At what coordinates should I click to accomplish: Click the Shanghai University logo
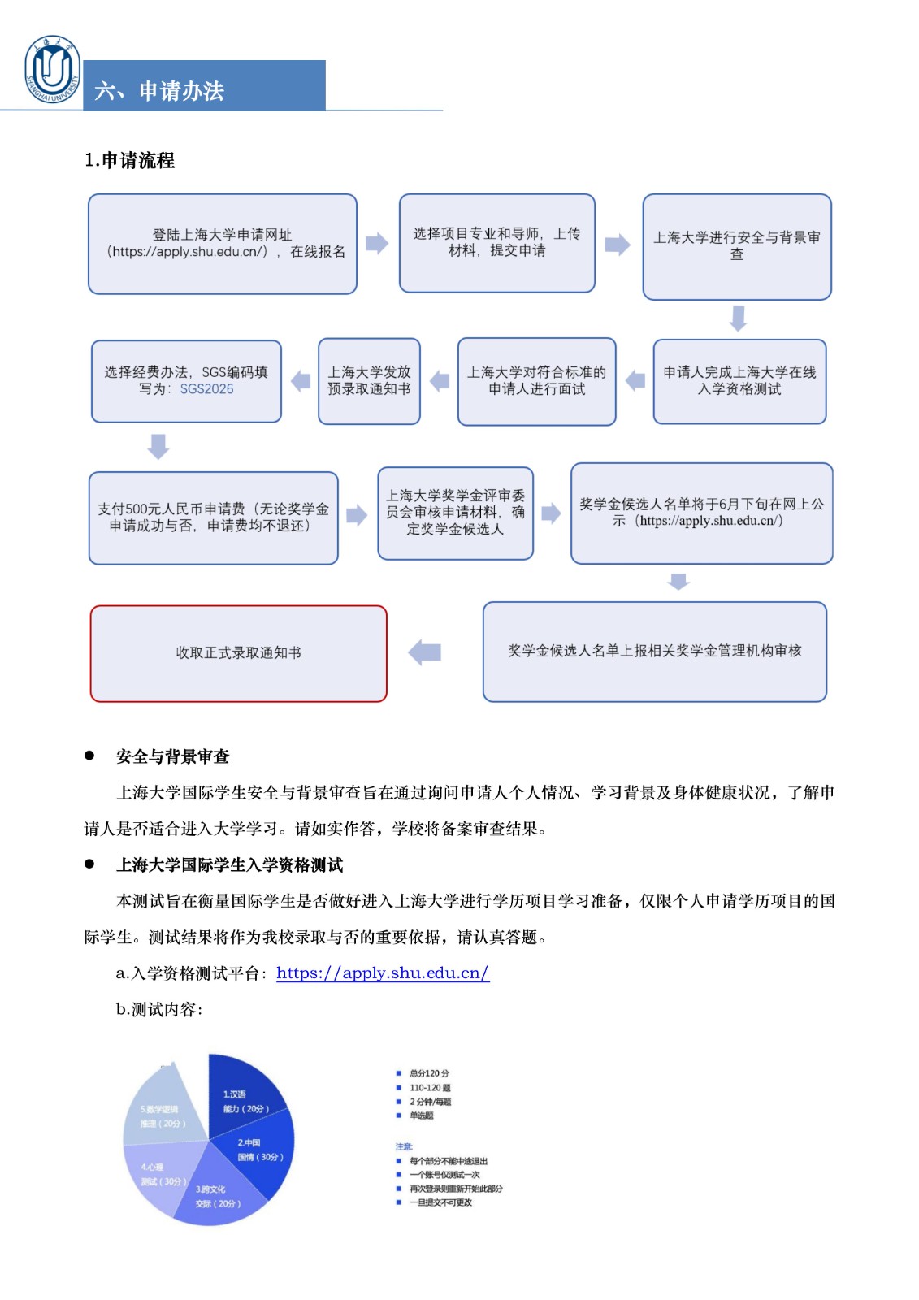53,70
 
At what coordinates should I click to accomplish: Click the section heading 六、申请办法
159,90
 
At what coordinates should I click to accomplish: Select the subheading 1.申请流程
129,160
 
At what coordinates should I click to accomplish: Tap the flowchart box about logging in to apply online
223,244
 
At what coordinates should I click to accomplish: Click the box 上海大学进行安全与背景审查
736,246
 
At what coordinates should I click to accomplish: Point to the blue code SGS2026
206,389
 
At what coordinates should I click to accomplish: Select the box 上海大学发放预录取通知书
369,381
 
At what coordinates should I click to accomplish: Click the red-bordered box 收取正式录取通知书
238,653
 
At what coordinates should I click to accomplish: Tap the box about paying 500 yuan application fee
213,518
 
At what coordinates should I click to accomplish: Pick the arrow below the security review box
738,318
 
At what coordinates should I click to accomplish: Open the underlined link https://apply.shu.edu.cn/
382,973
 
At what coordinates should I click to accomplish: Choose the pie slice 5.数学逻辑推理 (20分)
161,1109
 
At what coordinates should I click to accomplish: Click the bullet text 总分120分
429,1073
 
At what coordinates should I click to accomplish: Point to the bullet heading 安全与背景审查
172,757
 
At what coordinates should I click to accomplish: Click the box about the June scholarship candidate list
701,513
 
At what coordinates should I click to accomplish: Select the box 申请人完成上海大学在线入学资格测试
739,381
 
